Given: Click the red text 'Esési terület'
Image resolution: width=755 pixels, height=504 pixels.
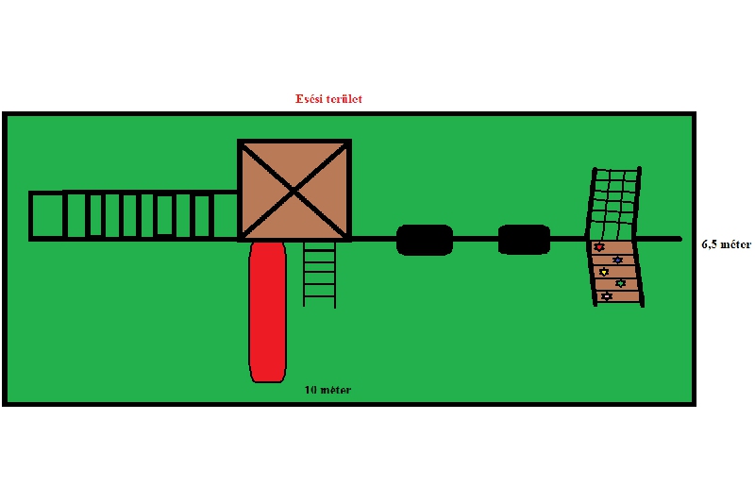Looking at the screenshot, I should [329, 98].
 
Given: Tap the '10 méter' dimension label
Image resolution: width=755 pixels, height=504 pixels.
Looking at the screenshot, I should [327, 390].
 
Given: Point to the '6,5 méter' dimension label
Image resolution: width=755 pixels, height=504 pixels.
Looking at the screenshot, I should [726, 244].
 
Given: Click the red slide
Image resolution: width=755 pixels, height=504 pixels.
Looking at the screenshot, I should [267, 311].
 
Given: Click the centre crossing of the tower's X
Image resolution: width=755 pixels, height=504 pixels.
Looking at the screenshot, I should [294, 190].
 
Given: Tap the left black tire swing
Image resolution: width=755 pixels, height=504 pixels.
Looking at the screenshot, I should [424, 240].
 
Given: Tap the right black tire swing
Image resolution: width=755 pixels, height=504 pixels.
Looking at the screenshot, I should [524, 240].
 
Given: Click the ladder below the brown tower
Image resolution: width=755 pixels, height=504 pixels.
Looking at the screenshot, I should [319, 273].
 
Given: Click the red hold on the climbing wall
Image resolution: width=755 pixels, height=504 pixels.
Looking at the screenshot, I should [599, 247].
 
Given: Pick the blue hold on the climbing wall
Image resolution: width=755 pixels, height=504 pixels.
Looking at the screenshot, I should [617, 260].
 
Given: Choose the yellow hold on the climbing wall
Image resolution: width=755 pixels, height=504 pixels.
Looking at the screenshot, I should [604, 272].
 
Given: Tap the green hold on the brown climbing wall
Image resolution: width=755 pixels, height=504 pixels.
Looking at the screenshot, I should [620, 283].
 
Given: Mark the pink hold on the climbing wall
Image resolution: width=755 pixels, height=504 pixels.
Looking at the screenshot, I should [607, 296].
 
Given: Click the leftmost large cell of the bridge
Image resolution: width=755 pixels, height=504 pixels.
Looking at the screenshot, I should [46, 216].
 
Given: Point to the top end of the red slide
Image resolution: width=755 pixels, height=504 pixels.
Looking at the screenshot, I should [267, 247].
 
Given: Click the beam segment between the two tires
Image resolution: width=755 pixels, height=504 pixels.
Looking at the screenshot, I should [475, 239].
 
